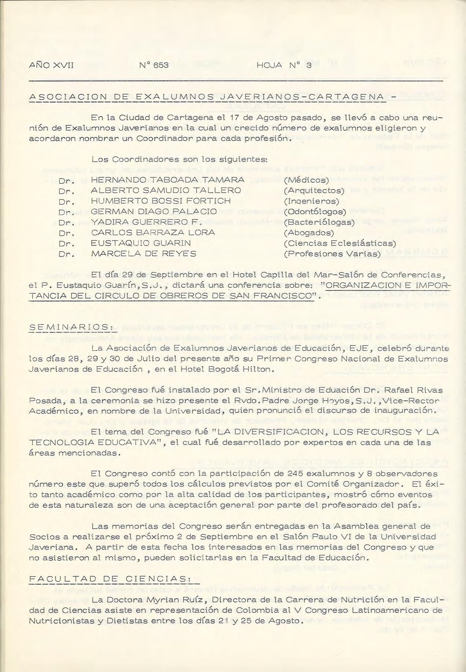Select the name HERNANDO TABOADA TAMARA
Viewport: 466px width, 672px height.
(x=167, y=180)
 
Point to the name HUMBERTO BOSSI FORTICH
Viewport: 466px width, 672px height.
(x=161, y=201)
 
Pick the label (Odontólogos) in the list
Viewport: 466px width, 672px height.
(x=315, y=211)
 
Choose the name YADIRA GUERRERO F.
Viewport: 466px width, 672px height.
(x=146, y=222)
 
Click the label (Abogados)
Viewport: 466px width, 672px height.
(x=309, y=233)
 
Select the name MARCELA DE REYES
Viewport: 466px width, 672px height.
(x=143, y=254)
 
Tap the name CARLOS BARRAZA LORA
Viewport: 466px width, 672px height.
(x=153, y=233)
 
